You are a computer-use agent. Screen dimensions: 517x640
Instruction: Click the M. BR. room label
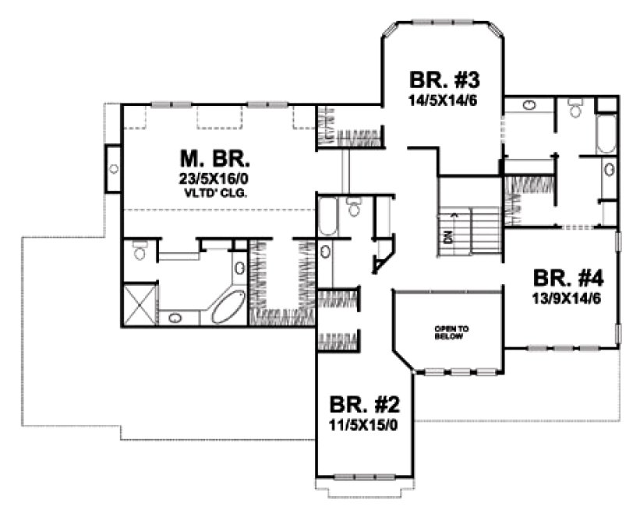pyautogui.click(x=215, y=160)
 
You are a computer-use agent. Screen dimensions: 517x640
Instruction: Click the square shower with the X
pyautogui.click(x=140, y=307)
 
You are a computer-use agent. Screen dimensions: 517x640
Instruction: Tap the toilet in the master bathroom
pyautogui.click(x=140, y=251)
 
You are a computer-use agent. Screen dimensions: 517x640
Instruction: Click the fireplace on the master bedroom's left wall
pyautogui.click(x=112, y=167)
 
